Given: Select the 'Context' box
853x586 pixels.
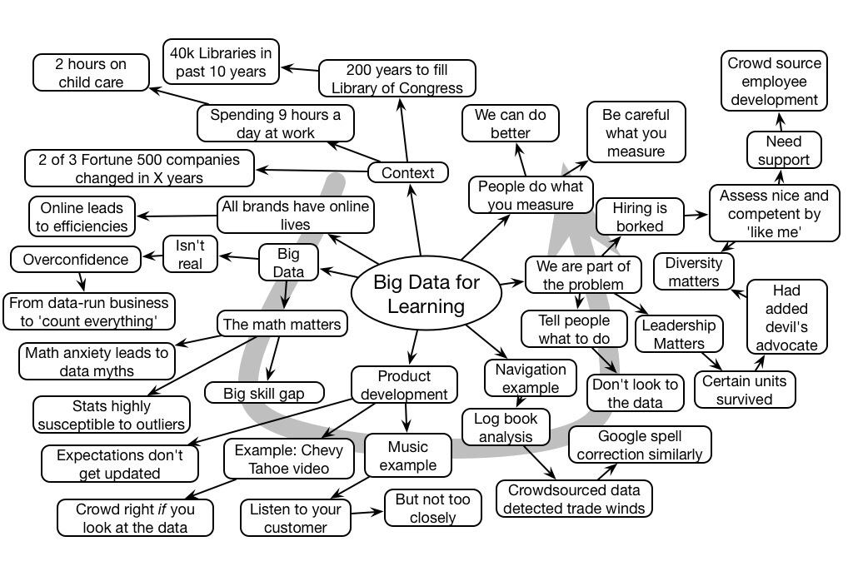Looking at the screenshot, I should [407, 172].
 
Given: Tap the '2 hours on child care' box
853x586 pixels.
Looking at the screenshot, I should [91, 72].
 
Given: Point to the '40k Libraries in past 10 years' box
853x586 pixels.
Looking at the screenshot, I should [221, 62].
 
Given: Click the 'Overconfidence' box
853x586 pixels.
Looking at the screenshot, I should [76, 259].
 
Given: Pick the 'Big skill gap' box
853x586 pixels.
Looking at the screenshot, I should [264, 392].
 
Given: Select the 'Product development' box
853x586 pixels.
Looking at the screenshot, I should [404, 385].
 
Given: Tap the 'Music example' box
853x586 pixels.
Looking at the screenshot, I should [408, 456].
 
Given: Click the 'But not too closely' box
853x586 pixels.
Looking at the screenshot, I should [432, 508].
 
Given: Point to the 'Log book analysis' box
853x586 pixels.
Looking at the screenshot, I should [506, 426].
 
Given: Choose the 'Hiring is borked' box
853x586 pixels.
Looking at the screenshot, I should [639, 216].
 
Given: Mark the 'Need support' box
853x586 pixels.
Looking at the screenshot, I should [783, 150].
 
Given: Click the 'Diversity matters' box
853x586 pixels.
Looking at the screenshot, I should [693, 272].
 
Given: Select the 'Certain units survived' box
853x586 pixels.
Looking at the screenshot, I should [745, 390].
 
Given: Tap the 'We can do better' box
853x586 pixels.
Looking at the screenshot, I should [509, 122].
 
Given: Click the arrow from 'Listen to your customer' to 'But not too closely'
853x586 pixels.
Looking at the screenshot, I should [367, 513].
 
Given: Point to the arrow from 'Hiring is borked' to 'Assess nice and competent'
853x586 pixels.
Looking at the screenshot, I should [696, 216].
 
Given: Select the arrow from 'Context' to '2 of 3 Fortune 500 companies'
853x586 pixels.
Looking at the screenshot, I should [312, 171].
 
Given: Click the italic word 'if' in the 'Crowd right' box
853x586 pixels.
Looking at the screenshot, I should [162, 509].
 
